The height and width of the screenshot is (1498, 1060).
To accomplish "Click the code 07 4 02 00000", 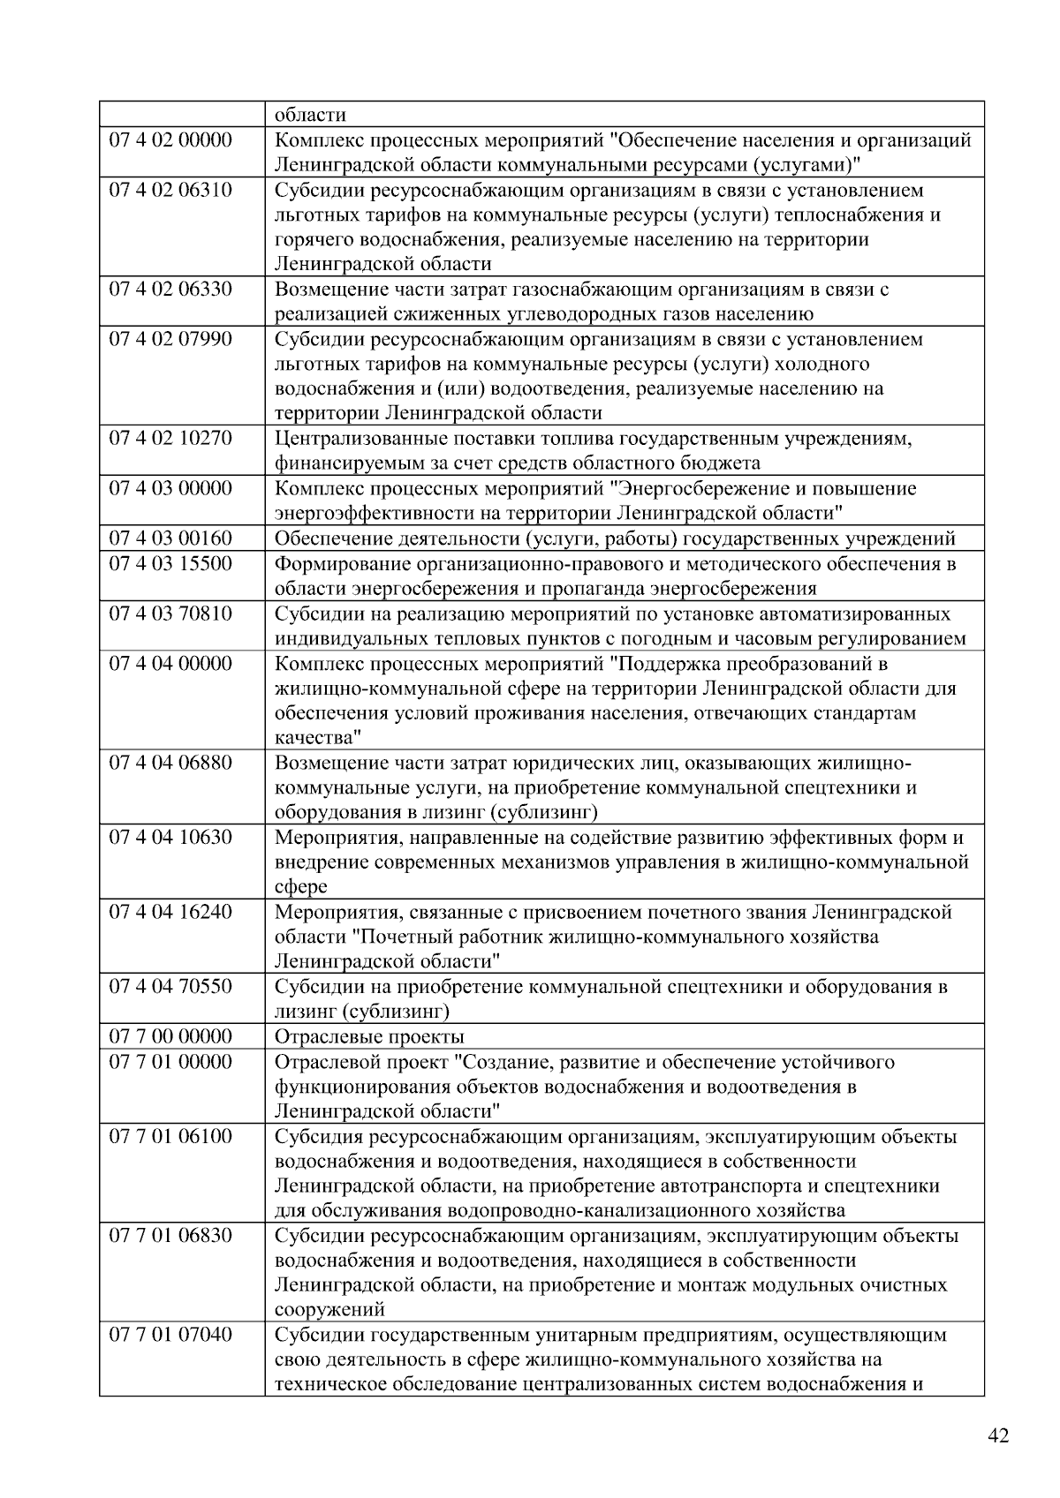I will [170, 140].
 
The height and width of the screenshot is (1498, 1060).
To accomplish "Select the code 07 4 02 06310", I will [170, 191].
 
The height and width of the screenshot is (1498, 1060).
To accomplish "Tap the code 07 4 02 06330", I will [170, 290].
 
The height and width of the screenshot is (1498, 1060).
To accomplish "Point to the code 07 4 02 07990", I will [170, 340].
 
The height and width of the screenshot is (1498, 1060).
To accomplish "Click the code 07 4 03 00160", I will [170, 538].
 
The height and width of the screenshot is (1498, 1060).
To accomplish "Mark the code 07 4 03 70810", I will [170, 614].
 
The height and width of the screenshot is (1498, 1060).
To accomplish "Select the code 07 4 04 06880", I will [170, 763].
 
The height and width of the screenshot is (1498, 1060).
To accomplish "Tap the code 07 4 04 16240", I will [170, 912].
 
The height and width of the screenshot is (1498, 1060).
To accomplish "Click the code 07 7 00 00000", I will [170, 1036].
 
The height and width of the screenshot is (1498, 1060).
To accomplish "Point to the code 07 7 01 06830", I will [170, 1235].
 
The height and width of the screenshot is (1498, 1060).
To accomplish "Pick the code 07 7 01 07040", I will [170, 1335].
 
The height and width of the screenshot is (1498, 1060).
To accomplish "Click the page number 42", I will [998, 1436].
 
